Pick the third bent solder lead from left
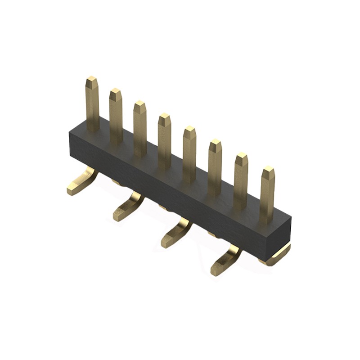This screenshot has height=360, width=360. pos(176,233)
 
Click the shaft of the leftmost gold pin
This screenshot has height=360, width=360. pos(93,108)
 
